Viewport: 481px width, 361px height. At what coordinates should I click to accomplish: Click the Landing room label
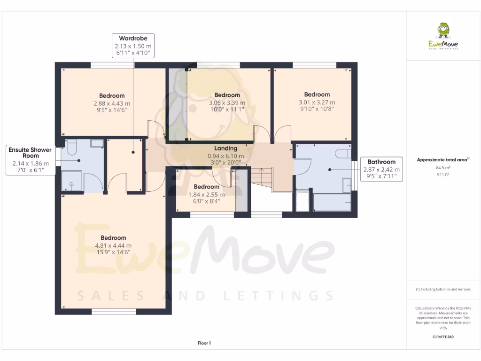(225, 149)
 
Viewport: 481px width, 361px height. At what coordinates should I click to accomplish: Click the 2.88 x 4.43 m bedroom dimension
(112, 103)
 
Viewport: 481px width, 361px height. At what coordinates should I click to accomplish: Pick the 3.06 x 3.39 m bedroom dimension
(227, 102)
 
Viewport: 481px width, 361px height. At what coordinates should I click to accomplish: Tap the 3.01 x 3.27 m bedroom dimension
(317, 102)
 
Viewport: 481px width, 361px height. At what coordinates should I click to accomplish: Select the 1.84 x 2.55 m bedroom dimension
(207, 195)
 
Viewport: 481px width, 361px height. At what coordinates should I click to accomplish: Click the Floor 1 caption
(204, 343)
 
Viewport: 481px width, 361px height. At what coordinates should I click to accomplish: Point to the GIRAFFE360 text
(443, 337)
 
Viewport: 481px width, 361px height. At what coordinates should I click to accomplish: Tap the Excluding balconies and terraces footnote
(443, 289)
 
